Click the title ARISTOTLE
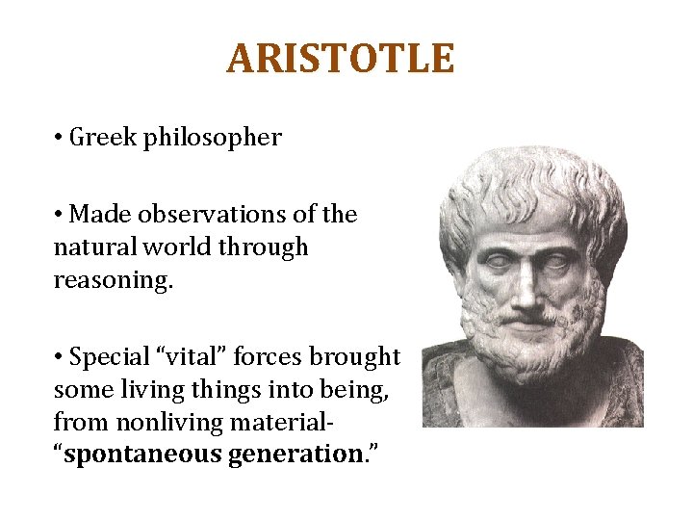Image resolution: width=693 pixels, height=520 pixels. [x=340, y=59]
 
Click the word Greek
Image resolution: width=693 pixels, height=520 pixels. [x=105, y=138]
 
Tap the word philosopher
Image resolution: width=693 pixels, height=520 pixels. [x=212, y=139]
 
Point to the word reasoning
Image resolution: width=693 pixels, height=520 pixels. [x=108, y=279]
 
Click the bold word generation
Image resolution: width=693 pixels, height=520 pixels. [x=294, y=455]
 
